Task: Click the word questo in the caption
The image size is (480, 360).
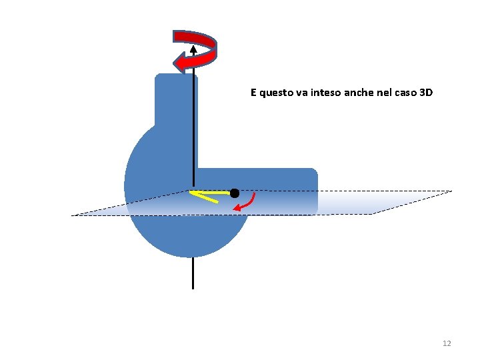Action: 275,93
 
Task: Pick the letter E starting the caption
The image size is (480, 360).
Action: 253,93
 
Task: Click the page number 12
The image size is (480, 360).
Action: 447,343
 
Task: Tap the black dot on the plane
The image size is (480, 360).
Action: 235,193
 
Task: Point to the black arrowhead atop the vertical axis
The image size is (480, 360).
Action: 193,48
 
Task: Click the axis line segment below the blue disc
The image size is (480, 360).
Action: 193,273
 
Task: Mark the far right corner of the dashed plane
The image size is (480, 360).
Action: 451,191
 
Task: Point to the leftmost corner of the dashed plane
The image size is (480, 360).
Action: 73,215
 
